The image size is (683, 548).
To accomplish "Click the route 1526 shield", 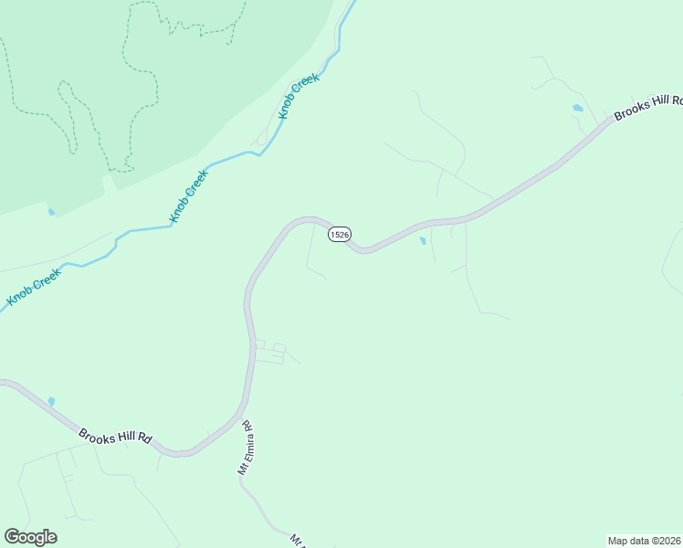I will pos(339,235).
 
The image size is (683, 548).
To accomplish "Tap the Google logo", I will pos(30,537).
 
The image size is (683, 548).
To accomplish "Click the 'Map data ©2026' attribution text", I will pos(645,541).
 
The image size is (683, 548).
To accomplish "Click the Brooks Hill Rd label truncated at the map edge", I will pos(649,107).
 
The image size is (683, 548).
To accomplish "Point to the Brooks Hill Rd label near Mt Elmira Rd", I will pos(115,437).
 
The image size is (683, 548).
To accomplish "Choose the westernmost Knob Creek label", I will pos(35,286).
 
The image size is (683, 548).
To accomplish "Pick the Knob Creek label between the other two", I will pos(190,195).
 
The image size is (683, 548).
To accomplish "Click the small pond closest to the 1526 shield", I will pos(422,242).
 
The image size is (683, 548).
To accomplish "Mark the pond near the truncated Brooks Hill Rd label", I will pos(577,108).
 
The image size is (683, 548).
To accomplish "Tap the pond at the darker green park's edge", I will pos(51,213).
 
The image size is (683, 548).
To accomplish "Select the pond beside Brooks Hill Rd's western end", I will pos(51,402).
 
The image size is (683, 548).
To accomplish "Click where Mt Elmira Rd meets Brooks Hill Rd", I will pos(239,418).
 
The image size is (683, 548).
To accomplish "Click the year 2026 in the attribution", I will pos(668,541).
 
